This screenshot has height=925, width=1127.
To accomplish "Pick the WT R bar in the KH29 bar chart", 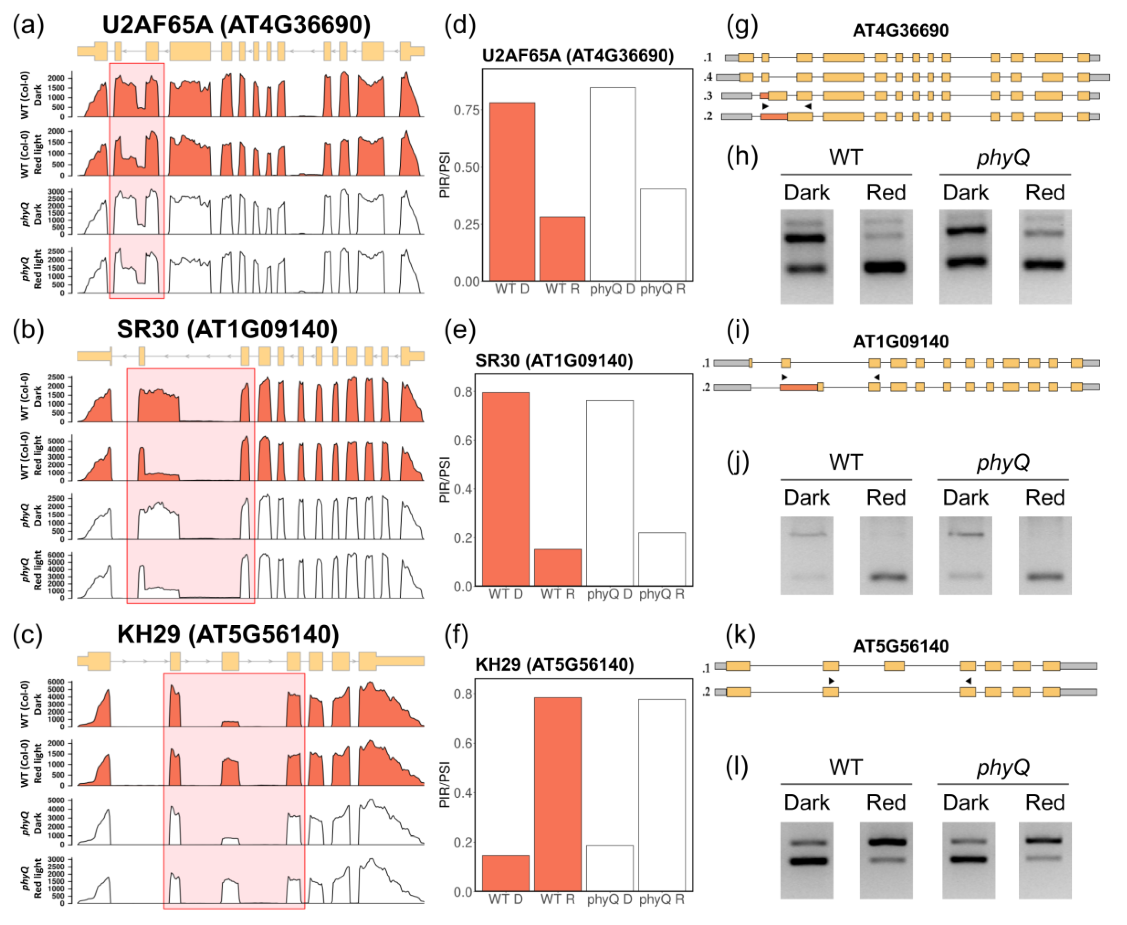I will pyautogui.click(x=557, y=794).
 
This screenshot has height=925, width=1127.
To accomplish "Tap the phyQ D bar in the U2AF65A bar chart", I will pyautogui.click(x=612, y=184).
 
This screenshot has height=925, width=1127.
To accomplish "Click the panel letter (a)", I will pyautogui.click(x=28, y=25).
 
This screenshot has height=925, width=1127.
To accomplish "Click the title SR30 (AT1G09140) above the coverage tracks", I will pyautogui.click(x=227, y=329).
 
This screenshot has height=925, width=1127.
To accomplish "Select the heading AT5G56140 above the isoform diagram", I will pyautogui.click(x=901, y=646).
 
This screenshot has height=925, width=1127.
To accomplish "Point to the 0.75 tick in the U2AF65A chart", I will pyautogui.click(x=466, y=110).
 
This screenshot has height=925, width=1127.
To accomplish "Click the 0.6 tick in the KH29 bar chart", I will pyautogui.click(x=463, y=743).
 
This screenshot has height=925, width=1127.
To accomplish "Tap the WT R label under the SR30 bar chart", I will pyautogui.click(x=557, y=594).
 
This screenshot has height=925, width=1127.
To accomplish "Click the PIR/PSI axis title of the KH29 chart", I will pyautogui.click(x=445, y=784).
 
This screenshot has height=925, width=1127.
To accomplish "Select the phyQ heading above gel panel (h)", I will pyautogui.click(x=1003, y=158).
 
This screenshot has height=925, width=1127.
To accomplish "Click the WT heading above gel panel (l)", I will pyautogui.click(x=845, y=767).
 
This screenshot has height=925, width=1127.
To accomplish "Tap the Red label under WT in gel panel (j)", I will pyautogui.click(x=885, y=498).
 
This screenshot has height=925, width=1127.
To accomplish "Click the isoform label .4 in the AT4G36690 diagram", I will pyautogui.click(x=708, y=77).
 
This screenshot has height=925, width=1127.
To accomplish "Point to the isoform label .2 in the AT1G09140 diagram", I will pyautogui.click(x=707, y=387).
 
